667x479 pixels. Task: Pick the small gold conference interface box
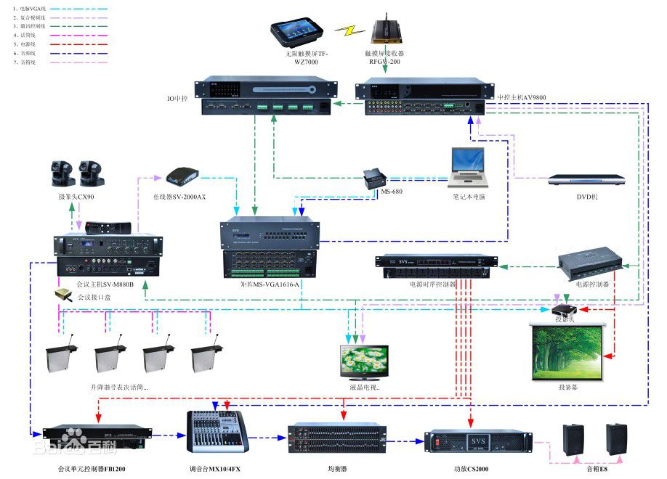pyautogui.click(x=62, y=295)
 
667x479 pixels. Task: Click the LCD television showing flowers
pyautogui.click(x=364, y=361)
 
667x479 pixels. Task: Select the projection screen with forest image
pyautogui.click(x=568, y=351)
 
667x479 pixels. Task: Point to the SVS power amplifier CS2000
pyautogui.click(x=474, y=441)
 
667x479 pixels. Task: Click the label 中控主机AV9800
pyautogui.click(x=522, y=97)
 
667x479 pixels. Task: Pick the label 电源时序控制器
pyautogui.click(x=433, y=284)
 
